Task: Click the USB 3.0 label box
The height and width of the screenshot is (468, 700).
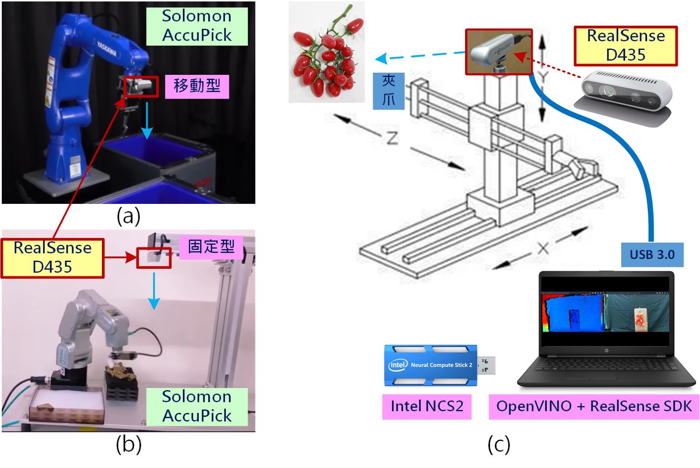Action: coord(652,255)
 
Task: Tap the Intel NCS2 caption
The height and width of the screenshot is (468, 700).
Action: coord(427,406)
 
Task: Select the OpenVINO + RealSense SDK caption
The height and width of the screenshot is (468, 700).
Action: coord(594,406)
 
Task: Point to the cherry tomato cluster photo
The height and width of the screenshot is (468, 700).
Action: coord(326,52)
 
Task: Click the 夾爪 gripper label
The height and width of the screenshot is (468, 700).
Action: coord(389,91)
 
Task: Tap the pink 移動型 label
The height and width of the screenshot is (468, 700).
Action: coord(197,87)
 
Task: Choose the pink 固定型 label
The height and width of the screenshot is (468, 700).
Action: coord(211,247)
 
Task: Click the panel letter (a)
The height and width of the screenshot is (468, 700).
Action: coord(129,216)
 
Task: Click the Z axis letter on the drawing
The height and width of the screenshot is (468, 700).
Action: coord(392,138)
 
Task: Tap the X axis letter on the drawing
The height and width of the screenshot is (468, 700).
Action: coord(543,249)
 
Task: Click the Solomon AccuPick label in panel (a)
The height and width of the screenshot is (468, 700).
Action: coord(197,26)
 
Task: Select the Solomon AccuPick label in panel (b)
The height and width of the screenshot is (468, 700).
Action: coord(197,406)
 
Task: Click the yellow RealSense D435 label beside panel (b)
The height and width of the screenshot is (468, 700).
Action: coord(52,258)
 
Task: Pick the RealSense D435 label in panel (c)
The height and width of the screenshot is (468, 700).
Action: coord(626,46)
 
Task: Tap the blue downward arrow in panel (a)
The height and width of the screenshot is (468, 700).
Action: coord(147,120)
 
